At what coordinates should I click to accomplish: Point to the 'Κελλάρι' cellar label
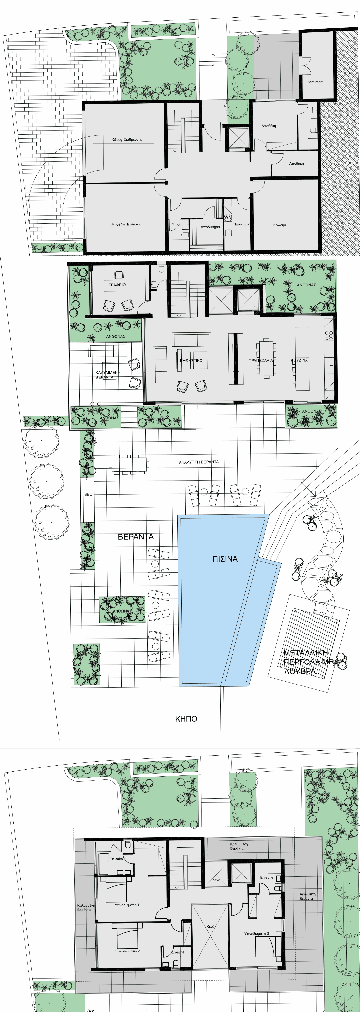[x=279, y=225]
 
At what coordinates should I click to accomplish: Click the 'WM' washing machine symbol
[x=228, y=217]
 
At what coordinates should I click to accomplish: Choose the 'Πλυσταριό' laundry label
[x=241, y=224]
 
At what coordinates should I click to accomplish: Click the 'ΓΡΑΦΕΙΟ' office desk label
[x=117, y=285]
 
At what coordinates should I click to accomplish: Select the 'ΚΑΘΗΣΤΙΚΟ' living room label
[x=191, y=360]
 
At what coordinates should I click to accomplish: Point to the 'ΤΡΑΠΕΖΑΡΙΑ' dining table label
[x=261, y=360]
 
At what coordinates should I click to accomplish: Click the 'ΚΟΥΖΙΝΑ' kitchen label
[x=299, y=360]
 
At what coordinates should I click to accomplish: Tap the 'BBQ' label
[x=88, y=494]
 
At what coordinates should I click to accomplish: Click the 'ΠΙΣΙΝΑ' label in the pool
[x=225, y=559]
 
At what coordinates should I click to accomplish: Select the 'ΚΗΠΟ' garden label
[x=186, y=719]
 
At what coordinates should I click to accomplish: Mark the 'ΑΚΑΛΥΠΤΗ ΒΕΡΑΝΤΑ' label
[x=199, y=462]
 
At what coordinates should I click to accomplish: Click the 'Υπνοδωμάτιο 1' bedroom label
[x=127, y=905]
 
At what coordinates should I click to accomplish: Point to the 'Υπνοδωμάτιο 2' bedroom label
[x=127, y=951]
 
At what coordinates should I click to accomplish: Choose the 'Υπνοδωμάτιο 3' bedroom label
[x=257, y=933]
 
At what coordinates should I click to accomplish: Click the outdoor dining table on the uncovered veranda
[x=128, y=464]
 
